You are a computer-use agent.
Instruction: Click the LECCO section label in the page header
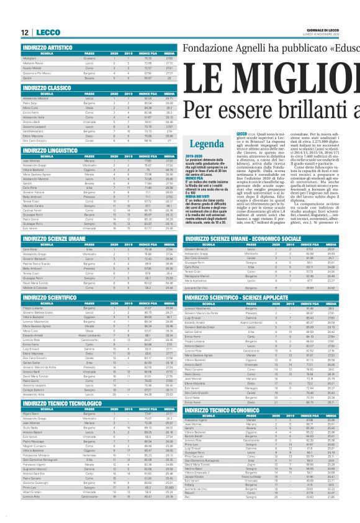[48, 32]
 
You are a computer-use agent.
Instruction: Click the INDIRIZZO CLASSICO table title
[47, 88]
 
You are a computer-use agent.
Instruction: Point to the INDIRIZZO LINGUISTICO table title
[50, 150]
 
